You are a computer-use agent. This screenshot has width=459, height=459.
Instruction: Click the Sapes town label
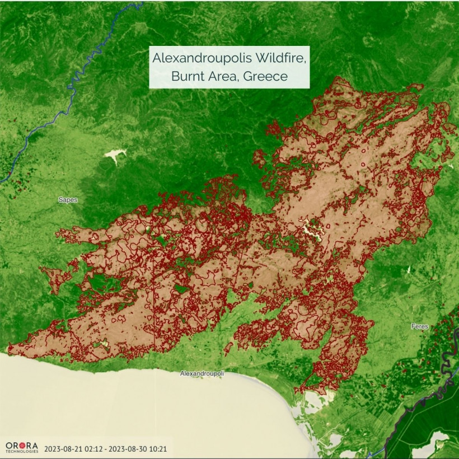68,199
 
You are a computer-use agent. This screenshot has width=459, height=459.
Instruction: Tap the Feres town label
419,325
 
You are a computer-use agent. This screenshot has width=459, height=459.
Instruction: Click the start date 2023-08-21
64,448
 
